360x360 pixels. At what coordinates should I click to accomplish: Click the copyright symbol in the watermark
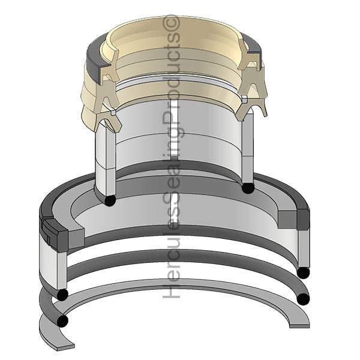[x=171, y=23]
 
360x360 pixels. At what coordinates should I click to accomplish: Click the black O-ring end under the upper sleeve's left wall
[x=110, y=200]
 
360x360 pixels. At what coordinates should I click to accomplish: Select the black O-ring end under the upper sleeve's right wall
[x=248, y=188]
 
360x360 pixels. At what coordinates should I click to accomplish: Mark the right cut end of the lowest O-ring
[x=303, y=299]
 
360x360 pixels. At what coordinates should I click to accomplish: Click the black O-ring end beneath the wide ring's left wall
[x=62, y=295]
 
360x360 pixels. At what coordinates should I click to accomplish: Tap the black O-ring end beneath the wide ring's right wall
[x=303, y=273]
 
